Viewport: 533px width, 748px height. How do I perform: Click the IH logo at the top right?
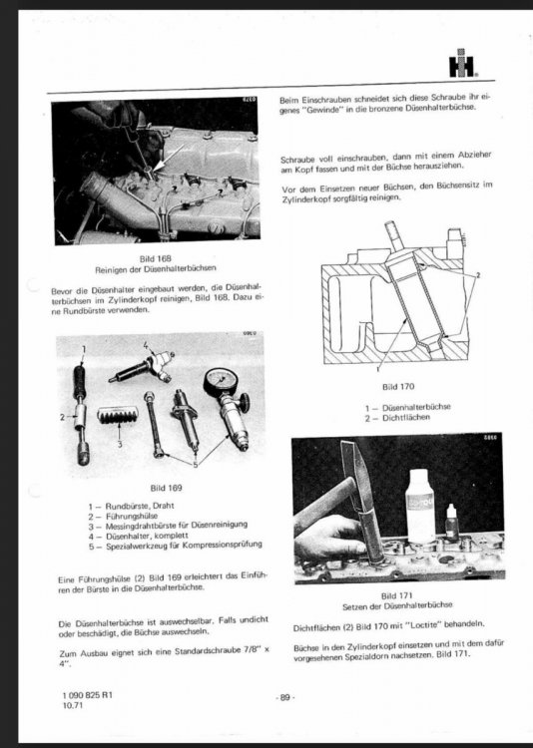point(462,63)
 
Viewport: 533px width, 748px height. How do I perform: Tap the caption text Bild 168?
point(156,258)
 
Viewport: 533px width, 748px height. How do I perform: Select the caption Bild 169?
point(166,488)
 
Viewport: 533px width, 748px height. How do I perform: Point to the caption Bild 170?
point(398,386)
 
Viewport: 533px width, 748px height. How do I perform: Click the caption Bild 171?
point(396,595)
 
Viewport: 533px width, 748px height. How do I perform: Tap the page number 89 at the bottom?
point(285,697)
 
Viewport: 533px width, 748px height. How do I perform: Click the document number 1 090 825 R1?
point(88,695)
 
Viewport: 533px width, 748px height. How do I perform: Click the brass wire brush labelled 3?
point(118,415)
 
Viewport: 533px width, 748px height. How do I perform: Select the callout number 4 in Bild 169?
point(146,345)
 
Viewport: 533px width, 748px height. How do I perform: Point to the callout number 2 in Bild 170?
point(477,275)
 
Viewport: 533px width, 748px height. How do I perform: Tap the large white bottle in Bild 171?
point(420,505)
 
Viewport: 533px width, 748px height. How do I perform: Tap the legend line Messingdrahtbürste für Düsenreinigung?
point(177,525)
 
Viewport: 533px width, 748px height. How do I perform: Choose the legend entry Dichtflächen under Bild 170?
point(406,418)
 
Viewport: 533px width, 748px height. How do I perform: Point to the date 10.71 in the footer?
point(73,704)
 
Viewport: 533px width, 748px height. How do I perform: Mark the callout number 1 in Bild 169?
point(84,350)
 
